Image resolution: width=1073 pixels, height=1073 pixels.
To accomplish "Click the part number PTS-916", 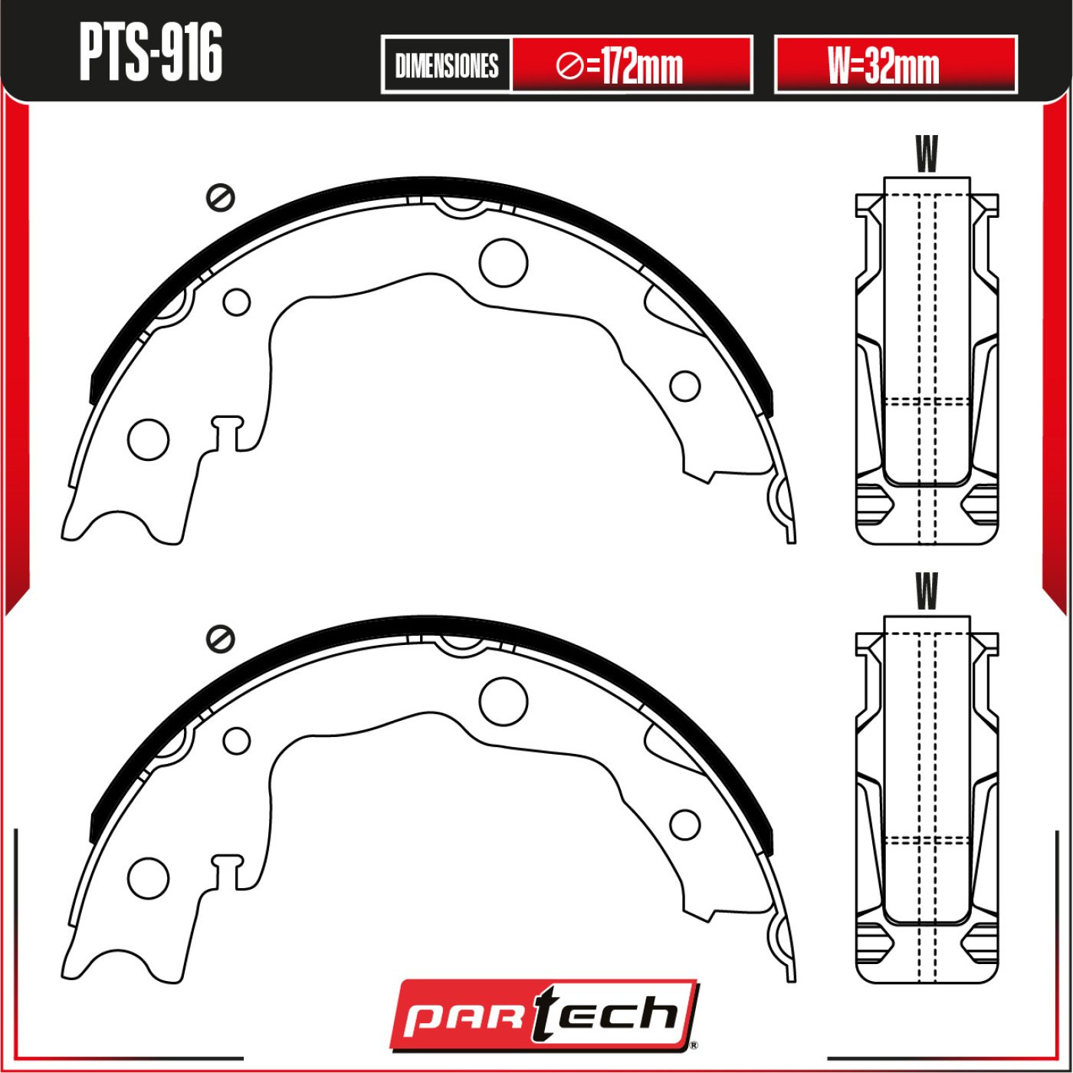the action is click(151, 53).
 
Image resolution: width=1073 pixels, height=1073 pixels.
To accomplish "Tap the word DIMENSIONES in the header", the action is click(447, 66).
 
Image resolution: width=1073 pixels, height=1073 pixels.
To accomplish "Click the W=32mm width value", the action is click(884, 65).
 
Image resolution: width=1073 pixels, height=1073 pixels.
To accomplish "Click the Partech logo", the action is click(544, 1018).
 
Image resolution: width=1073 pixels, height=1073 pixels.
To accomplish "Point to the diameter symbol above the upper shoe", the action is click(221, 197).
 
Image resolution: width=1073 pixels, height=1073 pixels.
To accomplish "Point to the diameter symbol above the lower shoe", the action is click(221, 638).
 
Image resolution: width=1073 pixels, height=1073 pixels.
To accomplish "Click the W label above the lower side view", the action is click(927, 591).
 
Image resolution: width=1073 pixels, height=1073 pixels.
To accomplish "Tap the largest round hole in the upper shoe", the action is click(504, 263).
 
